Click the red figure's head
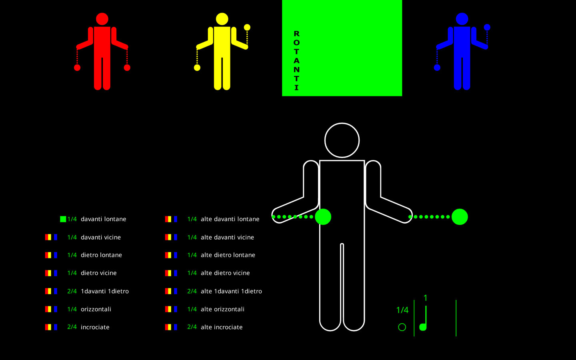tap(102, 19)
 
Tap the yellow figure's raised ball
tap(247, 27)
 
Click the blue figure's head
tap(462, 19)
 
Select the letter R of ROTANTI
tap(296, 34)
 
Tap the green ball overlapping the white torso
tap(323, 217)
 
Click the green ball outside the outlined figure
tap(460, 217)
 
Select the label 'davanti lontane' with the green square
tap(103, 219)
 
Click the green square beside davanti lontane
tap(63, 219)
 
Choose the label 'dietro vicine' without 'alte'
tap(99, 273)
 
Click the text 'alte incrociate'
tap(222, 327)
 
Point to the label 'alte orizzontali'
tap(223, 309)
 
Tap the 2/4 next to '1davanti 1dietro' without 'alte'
tap(72, 291)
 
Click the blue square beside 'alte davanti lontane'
tap(176, 219)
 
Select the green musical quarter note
tap(424, 318)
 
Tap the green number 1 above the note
tap(425, 298)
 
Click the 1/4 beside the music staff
tap(402, 310)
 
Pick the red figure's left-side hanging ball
tap(77, 68)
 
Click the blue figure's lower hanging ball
tap(437, 68)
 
